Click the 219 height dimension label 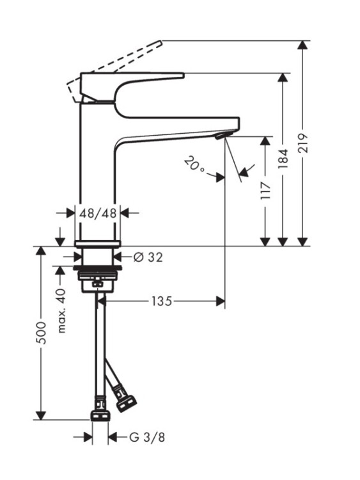click(x=303, y=143)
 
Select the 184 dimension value click(x=283, y=159)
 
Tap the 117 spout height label click(x=266, y=191)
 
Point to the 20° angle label click(x=194, y=164)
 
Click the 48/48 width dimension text click(x=98, y=212)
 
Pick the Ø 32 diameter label click(x=148, y=257)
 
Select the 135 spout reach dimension click(x=162, y=301)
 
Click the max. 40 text click(x=61, y=310)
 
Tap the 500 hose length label click(x=41, y=333)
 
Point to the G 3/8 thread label click(x=147, y=437)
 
